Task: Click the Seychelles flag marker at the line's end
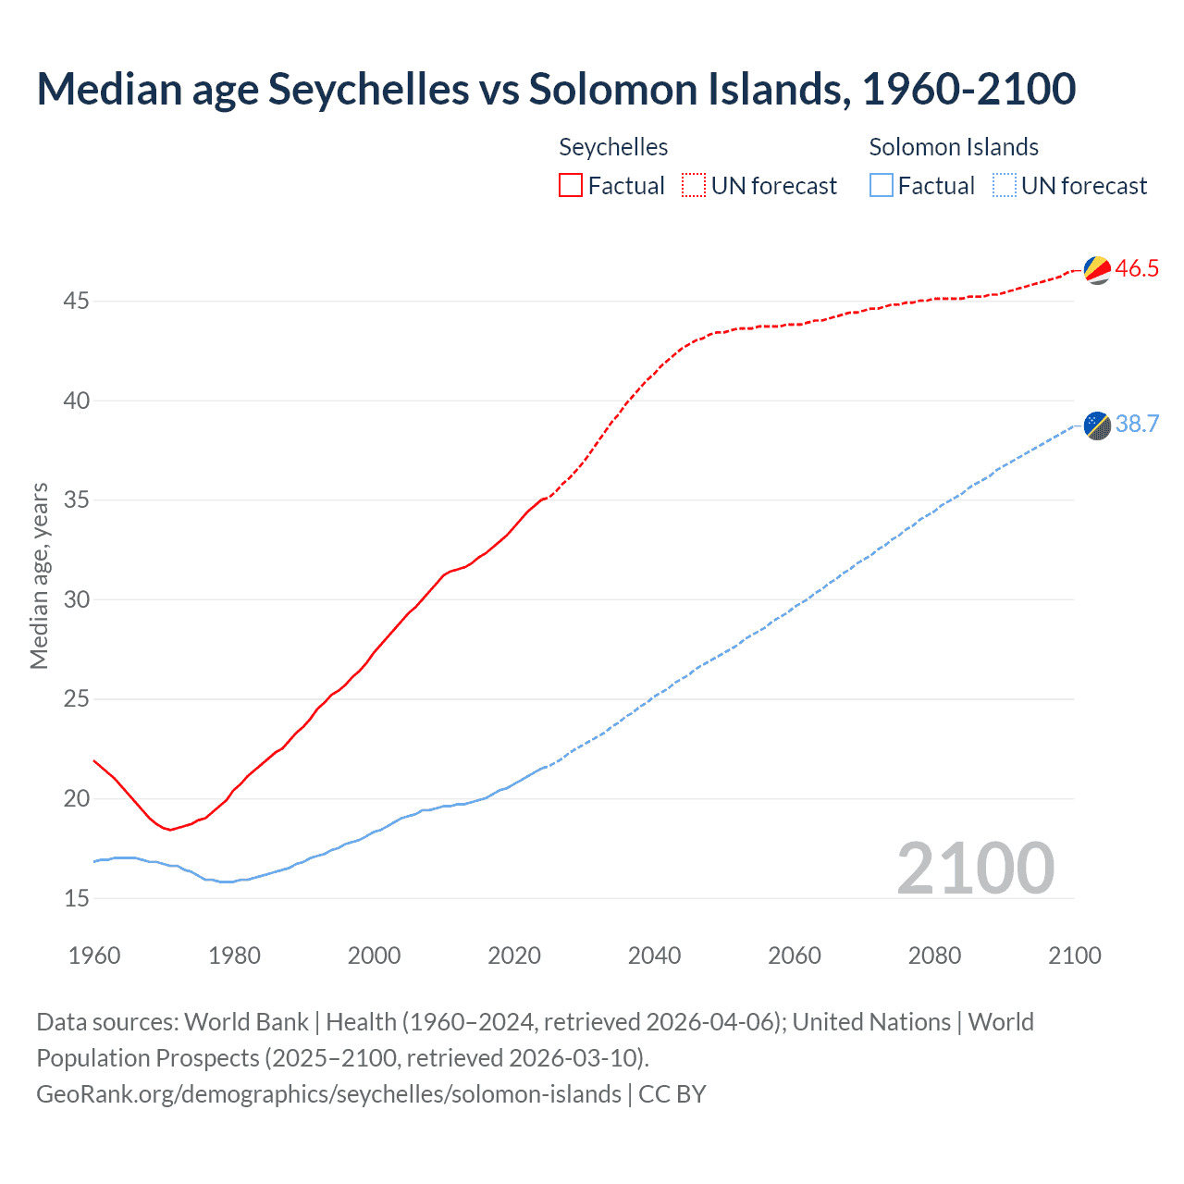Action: pyautogui.click(x=1096, y=269)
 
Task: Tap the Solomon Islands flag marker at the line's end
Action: pyautogui.click(x=1096, y=425)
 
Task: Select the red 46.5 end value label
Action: pyautogui.click(x=1137, y=269)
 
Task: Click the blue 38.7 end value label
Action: pyautogui.click(x=1137, y=425)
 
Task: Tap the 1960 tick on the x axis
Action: pyautogui.click(x=94, y=956)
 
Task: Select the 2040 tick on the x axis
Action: pyautogui.click(x=654, y=956)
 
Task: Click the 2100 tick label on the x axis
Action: pyautogui.click(x=1074, y=956)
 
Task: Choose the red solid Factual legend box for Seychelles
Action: pyautogui.click(x=571, y=185)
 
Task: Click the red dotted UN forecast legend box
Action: pyautogui.click(x=694, y=185)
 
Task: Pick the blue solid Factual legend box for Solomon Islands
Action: pyautogui.click(x=882, y=185)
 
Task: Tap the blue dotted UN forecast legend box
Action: pyautogui.click(x=1004, y=185)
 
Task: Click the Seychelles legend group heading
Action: pyautogui.click(x=613, y=147)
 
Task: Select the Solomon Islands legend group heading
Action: pyautogui.click(x=954, y=147)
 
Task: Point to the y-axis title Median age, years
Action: pyautogui.click(x=39, y=575)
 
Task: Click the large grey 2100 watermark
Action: pyautogui.click(x=975, y=868)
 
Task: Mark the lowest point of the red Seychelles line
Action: pyautogui.click(x=170, y=830)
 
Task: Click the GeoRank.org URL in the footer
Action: pyautogui.click(x=328, y=1094)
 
